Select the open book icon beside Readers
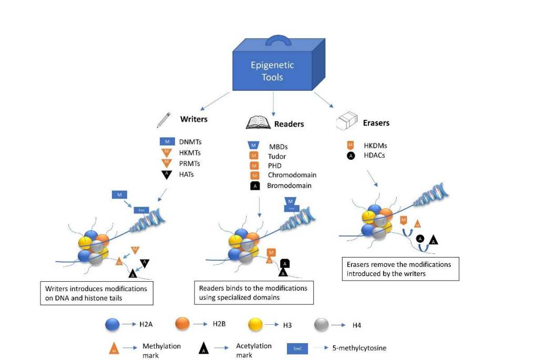[x=259, y=124]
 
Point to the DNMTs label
[x=190, y=142]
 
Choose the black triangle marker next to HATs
[x=167, y=174]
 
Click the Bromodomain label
[x=289, y=186]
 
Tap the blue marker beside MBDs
[x=253, y=145]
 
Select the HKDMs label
[x=375, y=146]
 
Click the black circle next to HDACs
[x=350, y=156]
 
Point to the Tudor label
[x=277, y=156]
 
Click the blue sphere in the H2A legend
[x=113, y=325]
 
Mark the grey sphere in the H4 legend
[x=322, y=325]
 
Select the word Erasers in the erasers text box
[x=359, y=264]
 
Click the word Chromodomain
[x=292, y=175]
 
